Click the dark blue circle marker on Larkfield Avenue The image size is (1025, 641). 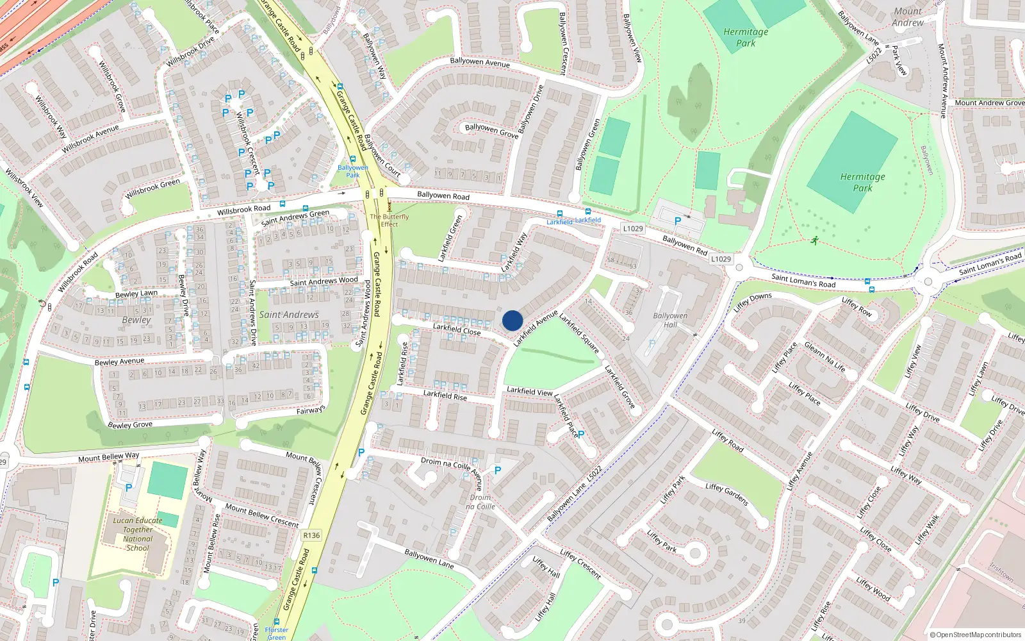(x=512, y=320)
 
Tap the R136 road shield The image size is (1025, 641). (x=312, y=535)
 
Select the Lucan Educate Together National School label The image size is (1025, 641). (x=138, y=534)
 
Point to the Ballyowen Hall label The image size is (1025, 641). (x=670, y=320)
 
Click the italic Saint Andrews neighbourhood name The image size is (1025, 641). (x=289, y=315)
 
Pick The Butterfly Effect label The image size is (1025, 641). (x=389, y=221)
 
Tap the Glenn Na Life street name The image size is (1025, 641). (x=824, y=358)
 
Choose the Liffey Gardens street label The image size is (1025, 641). (x=726, y=494)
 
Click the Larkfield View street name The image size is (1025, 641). (x=529, y=391)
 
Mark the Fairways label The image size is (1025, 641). (x=311, y=410)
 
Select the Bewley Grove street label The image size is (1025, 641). (x=130, y=424)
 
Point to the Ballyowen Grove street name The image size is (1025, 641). (x=491, y=131)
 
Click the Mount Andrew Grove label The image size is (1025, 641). (x=989, y=103)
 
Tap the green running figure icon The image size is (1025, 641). (x=814, y=241)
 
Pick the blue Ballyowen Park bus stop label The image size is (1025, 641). (x=353, y=171)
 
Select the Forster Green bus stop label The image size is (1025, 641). (x=276, y=633)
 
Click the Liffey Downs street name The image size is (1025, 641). (x=753, y=302)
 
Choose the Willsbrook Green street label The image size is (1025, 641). (x=153, y=188)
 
